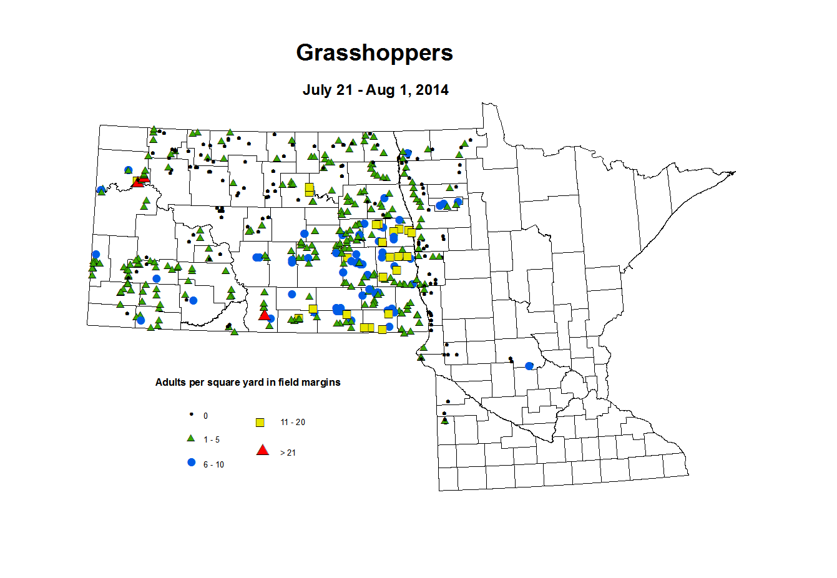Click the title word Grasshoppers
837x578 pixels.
click(x=374, y=53)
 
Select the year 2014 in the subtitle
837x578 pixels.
click(x=432, y=90)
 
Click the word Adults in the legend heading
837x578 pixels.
click(x=170, y=382)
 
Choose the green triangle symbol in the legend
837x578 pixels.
click(x=191, y=439)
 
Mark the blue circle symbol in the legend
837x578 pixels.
click(x=191, y=463)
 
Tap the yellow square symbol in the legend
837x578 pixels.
click(x=260, y=423)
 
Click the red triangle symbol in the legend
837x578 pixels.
click(x=263, y=450)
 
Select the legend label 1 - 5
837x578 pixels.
click(x=212, y=440)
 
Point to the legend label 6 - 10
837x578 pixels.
click(x=213, y=465)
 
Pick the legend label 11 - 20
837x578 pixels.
click(x=293, y=423)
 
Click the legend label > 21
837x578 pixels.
click(x=288, y=453)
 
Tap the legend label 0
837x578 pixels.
click(x=206, y=416)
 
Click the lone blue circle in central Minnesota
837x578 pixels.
click(x=529, y=366)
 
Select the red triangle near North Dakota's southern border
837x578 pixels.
click(x=264, y=315)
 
